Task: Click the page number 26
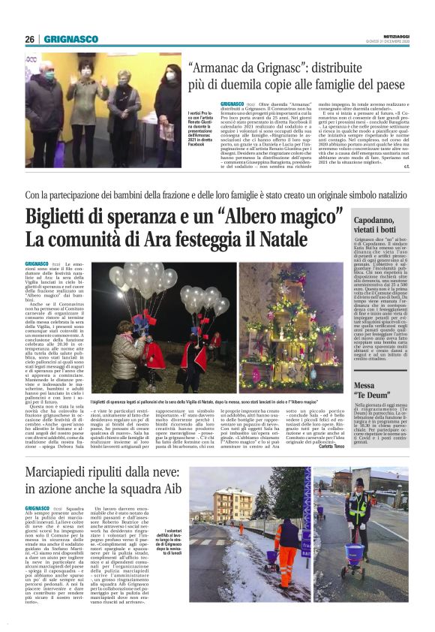29,39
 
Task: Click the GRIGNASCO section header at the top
70,39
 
